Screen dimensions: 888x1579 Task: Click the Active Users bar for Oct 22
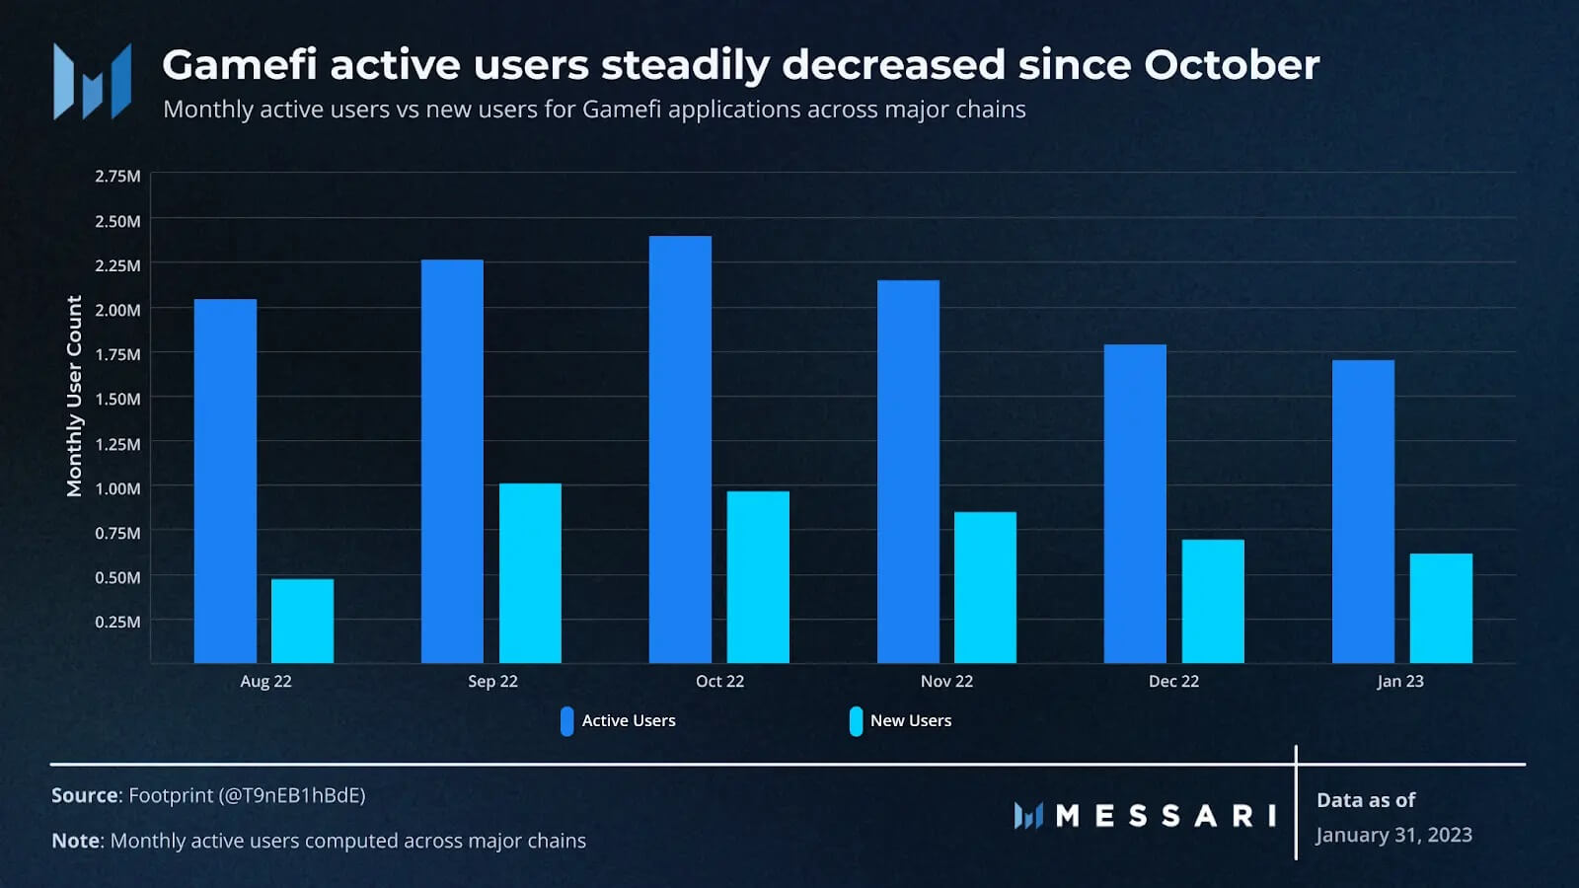point(680,449)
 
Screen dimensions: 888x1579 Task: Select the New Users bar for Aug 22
point(302,621)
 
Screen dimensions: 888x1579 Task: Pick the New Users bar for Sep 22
point(530,572)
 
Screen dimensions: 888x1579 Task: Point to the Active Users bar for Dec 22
point(1135,503)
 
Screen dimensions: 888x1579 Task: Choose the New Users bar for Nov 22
point(985,587)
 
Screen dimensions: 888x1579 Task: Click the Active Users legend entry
point(619,721)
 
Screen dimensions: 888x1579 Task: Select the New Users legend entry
point(900,721)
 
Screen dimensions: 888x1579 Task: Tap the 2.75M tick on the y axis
point(117,177)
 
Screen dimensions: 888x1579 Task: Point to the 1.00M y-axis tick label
point(117,488)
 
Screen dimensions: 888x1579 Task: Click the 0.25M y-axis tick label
point(117,622)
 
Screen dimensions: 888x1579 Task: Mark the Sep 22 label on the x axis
point(492,682)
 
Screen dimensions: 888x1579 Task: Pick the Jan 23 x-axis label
point(1400,682)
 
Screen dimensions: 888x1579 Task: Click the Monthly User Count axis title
point(74,396)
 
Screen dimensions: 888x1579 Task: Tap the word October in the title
point(1232,65)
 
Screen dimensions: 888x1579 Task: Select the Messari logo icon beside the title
point(92,82)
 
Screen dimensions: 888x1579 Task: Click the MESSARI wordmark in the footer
point(1165,816)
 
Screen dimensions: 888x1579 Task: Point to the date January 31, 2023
point(1393,836)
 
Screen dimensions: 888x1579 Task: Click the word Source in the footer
point(85,795)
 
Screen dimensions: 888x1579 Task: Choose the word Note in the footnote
point(76,841)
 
